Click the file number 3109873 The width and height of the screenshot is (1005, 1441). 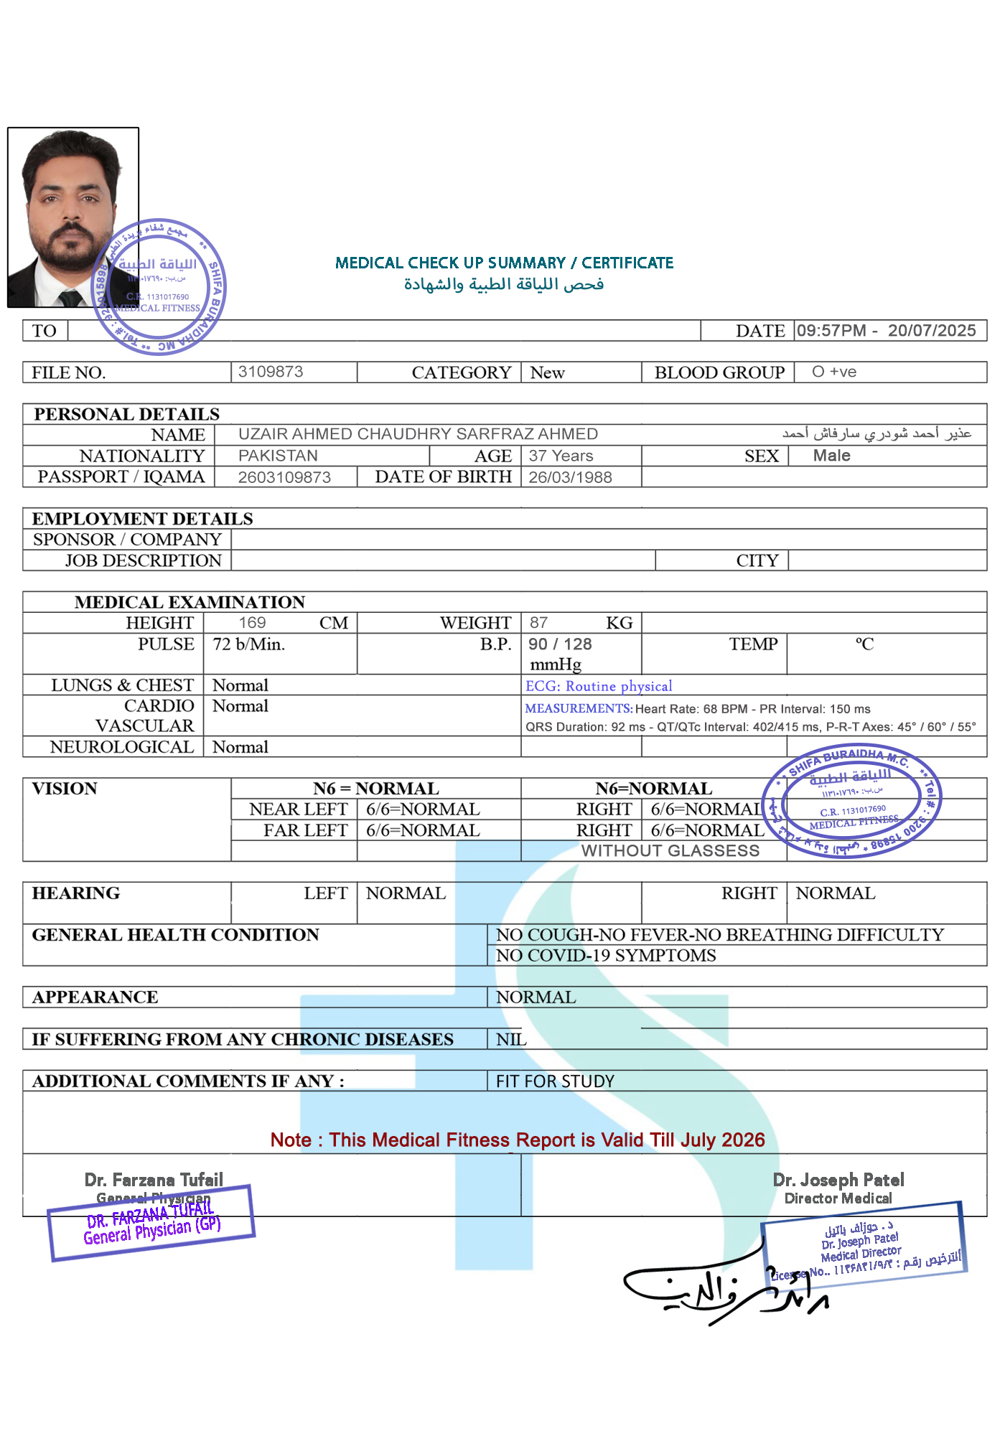[x=271, y=372]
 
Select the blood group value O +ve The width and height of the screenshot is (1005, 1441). [x=833, y=372]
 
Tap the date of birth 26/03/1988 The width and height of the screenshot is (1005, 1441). [x=570, y=477]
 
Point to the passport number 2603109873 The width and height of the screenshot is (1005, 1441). [x=284, y=477]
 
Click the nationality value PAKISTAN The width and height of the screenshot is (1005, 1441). [x=278, y=456]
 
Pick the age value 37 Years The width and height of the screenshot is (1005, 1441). [x=561, y=456]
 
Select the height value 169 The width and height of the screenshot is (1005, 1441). [x=252, y=623]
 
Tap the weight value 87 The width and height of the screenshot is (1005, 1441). [x=538, y=623]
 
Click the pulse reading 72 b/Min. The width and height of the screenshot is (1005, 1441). [x=248, y=644]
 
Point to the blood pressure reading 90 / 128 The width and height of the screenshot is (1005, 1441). [x=560, y=644]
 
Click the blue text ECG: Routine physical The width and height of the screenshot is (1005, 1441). [x=599, y=686]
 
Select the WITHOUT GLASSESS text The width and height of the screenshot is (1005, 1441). [x=670, y=851]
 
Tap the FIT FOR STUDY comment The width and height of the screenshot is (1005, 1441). [x=555, y=1081]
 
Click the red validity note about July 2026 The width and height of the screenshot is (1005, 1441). [x=517, y=1140]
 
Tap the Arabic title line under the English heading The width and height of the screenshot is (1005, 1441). [x=504, y=284]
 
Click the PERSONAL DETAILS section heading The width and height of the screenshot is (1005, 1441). [x=127, y=414]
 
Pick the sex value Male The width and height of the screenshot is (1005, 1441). [x=831, y=456]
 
